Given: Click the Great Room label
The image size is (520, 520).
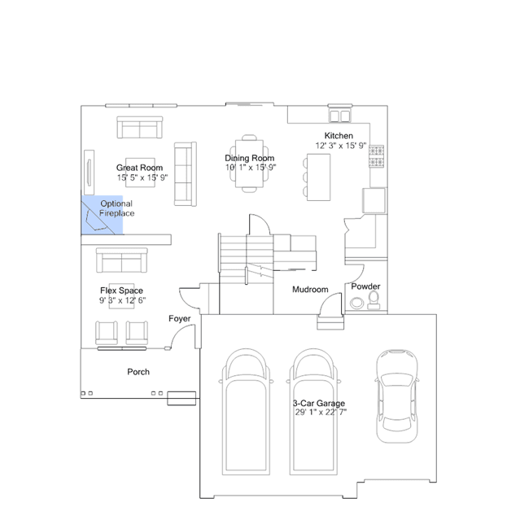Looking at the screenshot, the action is click(139, 168).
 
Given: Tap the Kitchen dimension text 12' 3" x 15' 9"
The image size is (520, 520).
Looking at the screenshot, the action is click(341, 146).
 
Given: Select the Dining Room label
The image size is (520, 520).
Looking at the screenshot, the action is click(250, 158).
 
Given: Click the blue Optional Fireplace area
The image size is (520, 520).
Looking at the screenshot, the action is click(103, 215).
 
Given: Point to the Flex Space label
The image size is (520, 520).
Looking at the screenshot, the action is click(122, 291).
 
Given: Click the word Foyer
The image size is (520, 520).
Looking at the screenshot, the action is click(179, 319).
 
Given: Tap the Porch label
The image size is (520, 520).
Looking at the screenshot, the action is click(138, 372).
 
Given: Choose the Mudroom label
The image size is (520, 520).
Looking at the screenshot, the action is click(310, 290).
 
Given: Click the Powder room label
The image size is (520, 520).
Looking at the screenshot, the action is click(365, 286).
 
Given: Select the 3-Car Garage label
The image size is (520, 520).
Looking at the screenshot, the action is click(319, 404).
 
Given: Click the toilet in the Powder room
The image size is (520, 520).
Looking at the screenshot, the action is click(374, 300).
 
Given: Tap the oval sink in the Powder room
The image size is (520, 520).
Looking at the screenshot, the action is click(356, 303).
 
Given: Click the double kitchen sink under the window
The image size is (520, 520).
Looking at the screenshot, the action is click(340, 116).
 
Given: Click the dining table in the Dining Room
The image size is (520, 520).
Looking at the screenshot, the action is click(249, 164).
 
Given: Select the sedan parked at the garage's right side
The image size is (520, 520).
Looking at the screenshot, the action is click(397, 396).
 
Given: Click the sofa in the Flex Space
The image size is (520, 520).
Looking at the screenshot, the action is click(122, 260).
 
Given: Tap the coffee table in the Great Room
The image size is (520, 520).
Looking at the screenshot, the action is click(140, 173).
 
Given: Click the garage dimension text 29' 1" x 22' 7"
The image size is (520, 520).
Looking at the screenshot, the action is click(321, 413).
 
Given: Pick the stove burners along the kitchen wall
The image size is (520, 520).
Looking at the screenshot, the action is click(377, 156).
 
